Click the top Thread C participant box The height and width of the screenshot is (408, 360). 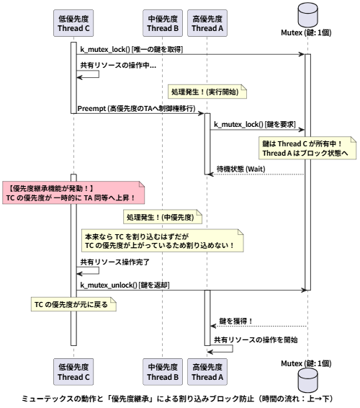pyautogui.click(x=73, y=23)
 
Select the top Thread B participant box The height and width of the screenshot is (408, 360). pyautogui.click(x=163, y=23)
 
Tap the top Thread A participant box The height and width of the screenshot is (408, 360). pyautogui.click(x=207, y=23)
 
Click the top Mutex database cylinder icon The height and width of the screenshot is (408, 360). pyautogui.click(x=307, y=15)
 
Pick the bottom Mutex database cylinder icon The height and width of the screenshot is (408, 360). pyautogui.click(x=307, y=380)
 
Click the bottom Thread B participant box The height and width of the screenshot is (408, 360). pyautogui.click(x=163, y=372)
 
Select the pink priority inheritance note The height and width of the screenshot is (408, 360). pyautogui.click(x=73, y=192)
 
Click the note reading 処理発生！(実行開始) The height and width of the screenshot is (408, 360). pyautogui.click(x=207, y=92)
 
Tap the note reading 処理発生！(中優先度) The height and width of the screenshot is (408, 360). pyautogui.click(x=163, y=217)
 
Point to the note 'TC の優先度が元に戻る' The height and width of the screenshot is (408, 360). pyautogui.click(x=73, y=304)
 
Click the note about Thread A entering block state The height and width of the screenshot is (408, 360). pyautogui.click(x=307, y=148)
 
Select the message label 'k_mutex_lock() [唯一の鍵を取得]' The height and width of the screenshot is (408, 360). pyautogui.click(x=131, y=49)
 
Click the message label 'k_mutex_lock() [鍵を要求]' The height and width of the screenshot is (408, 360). pyautogui.click(x=255, y=125)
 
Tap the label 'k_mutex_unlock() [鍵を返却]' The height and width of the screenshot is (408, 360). pyautogui.click(x=125, y=285)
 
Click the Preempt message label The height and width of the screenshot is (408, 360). pyautogui.click(x=137, y=108)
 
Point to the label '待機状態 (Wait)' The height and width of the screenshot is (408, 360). pyautogui.click(x=240, y=169)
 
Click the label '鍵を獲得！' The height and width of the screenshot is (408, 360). pyautogui.click(x=235, y=321)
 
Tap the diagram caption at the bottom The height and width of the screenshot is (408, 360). pyautogui.click(x=177, y=399)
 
